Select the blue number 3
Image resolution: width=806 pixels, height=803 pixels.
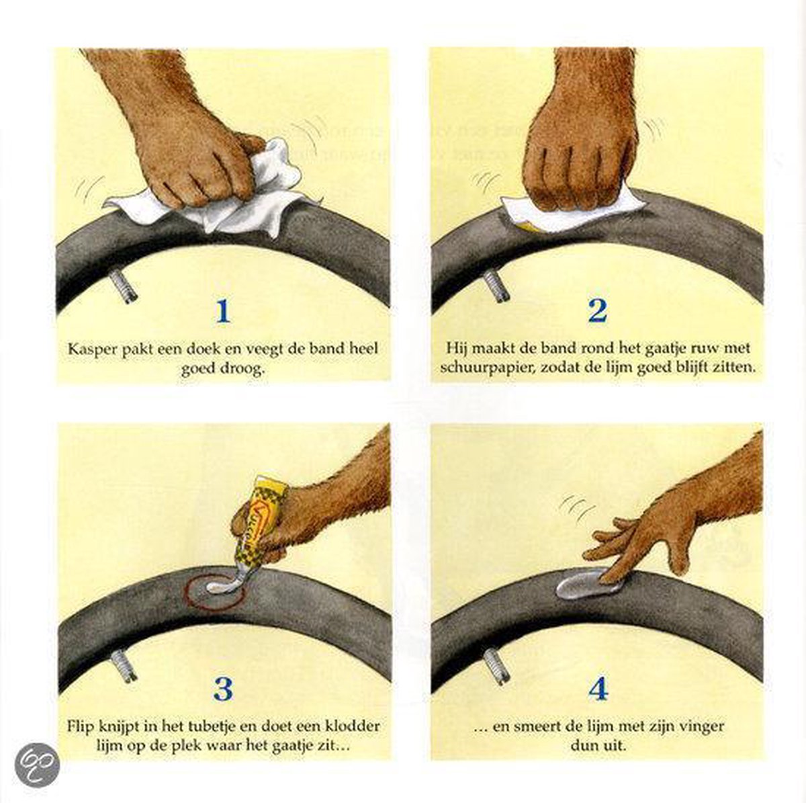223,689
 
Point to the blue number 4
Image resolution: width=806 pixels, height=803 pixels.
598,689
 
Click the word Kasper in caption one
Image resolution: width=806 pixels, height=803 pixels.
92,349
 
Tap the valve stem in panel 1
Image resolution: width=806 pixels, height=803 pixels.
124,286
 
